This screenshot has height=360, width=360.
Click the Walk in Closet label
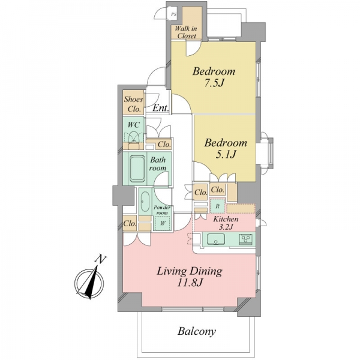click(x=187, y=32)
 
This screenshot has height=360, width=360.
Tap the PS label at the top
click(x=174, y=14)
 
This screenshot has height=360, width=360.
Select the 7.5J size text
click(x=214, y=83)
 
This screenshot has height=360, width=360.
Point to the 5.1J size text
click(x=226, y=155)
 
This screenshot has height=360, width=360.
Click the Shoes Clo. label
click(x=133, y=104)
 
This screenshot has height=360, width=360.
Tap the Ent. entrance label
click(x=161, y=108)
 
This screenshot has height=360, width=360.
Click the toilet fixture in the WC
click(x=134, y=137)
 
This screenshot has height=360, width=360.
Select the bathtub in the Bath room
click(x=137, y=169)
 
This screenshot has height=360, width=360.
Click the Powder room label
click(x=162, y=210)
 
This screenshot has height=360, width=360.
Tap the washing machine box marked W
click(x=163, y=223)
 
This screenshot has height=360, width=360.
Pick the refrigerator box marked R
click(x=217, y=206)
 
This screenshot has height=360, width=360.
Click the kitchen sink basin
click(x=216, y=239)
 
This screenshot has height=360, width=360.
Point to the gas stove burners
click(x=246, y=239)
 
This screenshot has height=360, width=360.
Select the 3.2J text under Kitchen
click(x=226, y=227)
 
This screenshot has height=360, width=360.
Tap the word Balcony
click(x=197, y=331)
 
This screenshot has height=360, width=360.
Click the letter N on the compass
click(x=100, y=259)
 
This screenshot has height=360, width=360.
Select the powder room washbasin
click(x=145, y=202)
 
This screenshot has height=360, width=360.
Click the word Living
click(x=172, y=272)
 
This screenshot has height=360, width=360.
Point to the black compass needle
click(x=92, y=282)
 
